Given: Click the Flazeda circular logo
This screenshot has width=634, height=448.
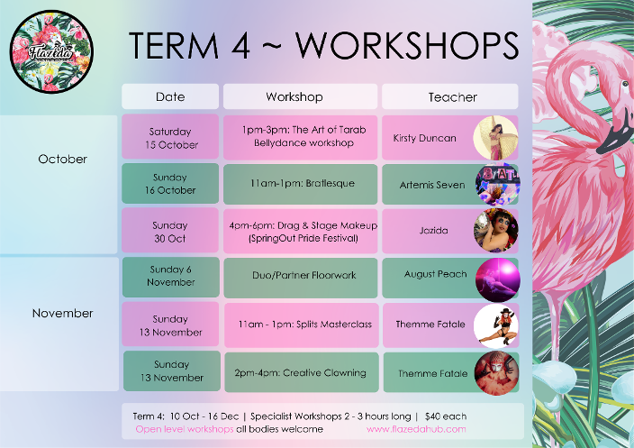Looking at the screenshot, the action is [51, 51].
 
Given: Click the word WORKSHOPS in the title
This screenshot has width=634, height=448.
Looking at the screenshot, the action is [407, 45].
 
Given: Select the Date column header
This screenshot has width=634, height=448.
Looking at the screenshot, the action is [170, 96].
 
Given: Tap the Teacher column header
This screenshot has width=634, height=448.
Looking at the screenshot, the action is [450, 96].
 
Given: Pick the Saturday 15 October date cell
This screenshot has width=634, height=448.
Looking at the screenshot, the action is [170, 137].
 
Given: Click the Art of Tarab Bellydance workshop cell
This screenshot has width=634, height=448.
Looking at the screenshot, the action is [301, 137].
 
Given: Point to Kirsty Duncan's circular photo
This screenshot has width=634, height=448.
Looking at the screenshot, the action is [495, 138].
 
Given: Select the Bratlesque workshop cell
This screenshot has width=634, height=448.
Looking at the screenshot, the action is [301, 184].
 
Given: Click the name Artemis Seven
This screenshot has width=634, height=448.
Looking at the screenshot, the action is [432, 185].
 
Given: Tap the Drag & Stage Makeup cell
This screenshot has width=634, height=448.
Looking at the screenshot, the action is [301, 231].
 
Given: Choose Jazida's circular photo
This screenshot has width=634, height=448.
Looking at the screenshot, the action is [496, 230].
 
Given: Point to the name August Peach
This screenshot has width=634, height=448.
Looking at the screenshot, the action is [436, 274].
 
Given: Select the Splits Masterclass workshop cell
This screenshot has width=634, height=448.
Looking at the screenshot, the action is [302, 325].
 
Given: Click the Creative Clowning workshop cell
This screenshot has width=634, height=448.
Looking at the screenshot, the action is [302, 372].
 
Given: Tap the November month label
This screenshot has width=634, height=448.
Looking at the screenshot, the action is [63, 313].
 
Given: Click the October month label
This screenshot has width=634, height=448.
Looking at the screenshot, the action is [63, 159].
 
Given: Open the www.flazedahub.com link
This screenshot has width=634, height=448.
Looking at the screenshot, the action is [416, 429].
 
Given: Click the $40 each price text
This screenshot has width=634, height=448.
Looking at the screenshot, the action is [446, 416].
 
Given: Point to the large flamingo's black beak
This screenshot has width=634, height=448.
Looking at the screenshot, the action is [615, 136].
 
